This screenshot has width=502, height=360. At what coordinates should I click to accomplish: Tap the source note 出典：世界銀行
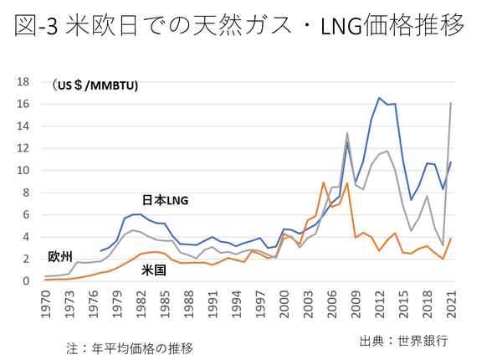click(403, 341)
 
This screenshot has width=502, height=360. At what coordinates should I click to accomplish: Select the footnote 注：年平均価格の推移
click(125, 346)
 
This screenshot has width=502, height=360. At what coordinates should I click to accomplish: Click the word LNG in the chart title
click(347, 27)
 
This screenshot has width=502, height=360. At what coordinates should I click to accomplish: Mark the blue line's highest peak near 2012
click(379, 98)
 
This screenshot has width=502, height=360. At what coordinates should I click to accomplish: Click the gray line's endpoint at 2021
click(451, 103)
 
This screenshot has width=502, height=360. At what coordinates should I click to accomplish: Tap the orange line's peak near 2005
click(323, 183)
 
